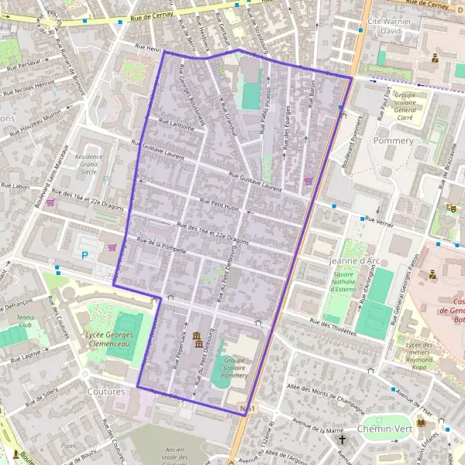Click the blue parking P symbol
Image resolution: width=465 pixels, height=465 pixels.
[x=85, y=255]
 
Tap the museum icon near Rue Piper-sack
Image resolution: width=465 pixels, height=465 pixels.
[x=196, y=338]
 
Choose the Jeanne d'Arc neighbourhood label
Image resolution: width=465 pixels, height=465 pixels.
[x=352, y=261]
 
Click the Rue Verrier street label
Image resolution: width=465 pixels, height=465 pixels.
[x=380, y=220]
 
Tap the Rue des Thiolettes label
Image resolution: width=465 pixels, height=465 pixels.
[x=330, y=325]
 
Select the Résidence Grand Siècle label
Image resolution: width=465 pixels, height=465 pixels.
[x=88, y=164]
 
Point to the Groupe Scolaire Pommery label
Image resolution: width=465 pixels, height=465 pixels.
[x=234, y=364]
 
